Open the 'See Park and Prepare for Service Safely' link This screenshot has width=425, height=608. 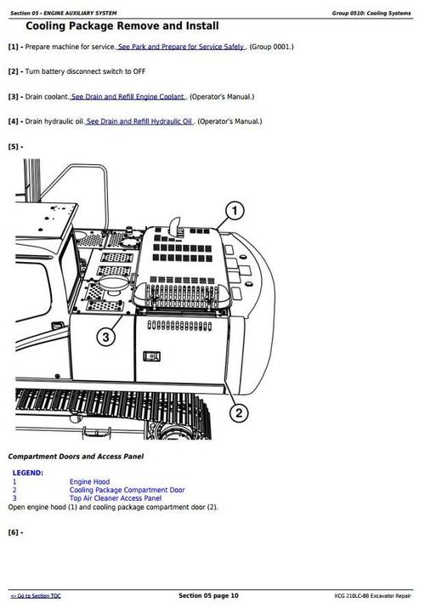181,47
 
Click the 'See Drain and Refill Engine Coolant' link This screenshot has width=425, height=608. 127,97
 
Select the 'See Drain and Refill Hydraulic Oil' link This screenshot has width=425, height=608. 139,122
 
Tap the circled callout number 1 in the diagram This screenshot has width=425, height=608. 235,211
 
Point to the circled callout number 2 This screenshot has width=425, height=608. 239,413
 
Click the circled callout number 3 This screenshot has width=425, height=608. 105,338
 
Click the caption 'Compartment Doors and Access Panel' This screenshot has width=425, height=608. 76,457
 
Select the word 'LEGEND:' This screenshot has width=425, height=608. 28,473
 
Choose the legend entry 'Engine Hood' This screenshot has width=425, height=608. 89,482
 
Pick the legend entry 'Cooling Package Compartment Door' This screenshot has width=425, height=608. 127,491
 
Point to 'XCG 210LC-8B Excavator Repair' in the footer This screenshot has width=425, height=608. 373,596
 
